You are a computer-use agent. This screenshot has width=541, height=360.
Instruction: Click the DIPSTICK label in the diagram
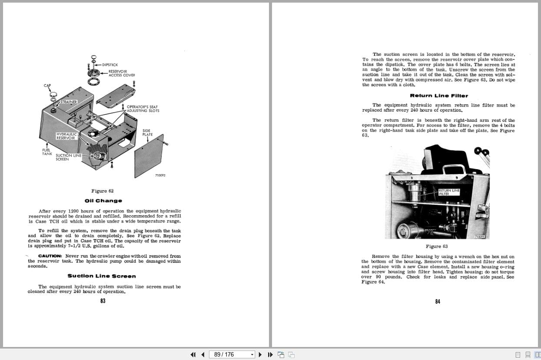[110, 65]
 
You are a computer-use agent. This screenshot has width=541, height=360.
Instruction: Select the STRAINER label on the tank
[68, 102]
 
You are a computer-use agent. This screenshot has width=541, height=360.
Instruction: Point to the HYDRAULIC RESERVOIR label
[66, 136]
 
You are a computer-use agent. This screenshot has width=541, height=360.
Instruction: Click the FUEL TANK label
[47, 152]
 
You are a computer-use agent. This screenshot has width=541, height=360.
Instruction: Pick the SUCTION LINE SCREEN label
[68, 157]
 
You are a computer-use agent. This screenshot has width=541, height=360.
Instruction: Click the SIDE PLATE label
[147, 132]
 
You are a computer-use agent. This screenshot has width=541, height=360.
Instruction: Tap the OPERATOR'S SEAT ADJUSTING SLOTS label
[143, 109]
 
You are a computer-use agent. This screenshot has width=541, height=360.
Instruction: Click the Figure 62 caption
[103, 191]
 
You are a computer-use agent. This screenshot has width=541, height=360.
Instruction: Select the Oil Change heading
[103, 201]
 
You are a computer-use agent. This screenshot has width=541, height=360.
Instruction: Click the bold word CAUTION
[50, 256]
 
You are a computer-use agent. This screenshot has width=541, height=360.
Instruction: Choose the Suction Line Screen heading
[102, 276]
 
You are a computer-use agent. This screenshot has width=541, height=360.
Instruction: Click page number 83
[103, 301]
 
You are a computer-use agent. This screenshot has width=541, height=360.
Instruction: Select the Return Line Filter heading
[439, 96]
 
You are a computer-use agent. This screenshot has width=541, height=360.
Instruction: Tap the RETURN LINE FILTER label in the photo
[448, 192]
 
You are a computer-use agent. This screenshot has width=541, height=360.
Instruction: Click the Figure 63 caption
[437, 247]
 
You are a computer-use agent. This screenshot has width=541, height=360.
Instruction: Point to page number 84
[438, 302]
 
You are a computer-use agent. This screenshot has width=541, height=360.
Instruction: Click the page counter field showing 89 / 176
[232, 354]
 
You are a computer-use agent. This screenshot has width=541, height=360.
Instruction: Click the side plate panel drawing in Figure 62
[148, 157]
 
